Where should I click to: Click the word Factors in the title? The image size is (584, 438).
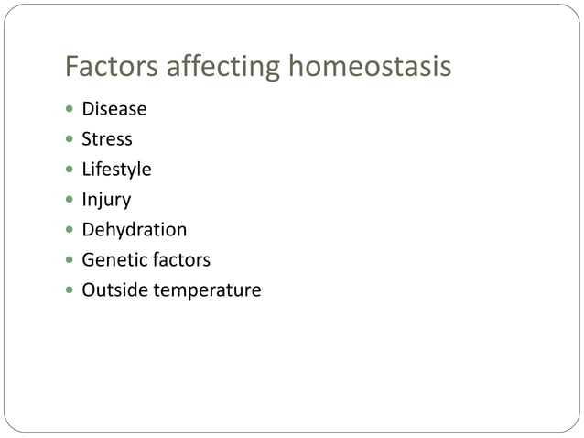[x=103, y=67]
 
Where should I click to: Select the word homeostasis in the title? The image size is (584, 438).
[x=369, y=67]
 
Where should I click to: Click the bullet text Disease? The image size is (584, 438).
[x=114, y=109]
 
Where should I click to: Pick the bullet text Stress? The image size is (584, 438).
[x=107, y=139]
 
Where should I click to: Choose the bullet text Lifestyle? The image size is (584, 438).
[x=116, y=170]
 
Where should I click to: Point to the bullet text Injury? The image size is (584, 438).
[x=106, y=200]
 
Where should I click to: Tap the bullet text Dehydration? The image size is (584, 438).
[x=134, y=230]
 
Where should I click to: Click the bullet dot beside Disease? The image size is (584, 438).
[x=70, y=110]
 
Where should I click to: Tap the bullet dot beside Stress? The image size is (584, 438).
[x=70, y=140]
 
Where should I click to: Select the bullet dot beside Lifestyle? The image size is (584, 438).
[x=70, y=170]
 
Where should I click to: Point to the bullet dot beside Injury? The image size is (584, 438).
[x=70, y=201]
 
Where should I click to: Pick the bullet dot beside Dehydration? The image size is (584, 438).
[x=70, y=231]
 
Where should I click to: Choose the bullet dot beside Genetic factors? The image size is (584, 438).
[x=70, y=261]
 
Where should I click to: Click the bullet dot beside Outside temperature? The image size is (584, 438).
[x=70, y=291]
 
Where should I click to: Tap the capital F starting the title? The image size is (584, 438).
[x=71, y=67]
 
